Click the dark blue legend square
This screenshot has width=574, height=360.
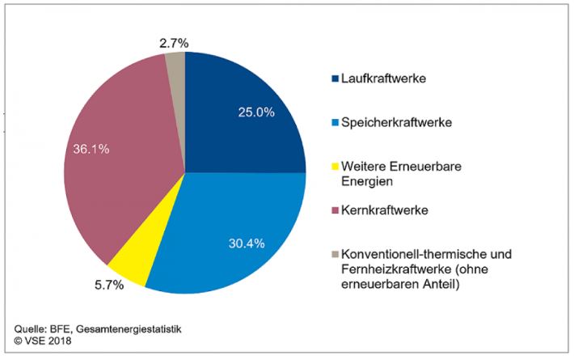tap(335, 79)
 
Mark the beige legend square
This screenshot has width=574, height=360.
tap(335, 254)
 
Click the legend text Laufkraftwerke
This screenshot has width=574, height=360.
tap(384, 79)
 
